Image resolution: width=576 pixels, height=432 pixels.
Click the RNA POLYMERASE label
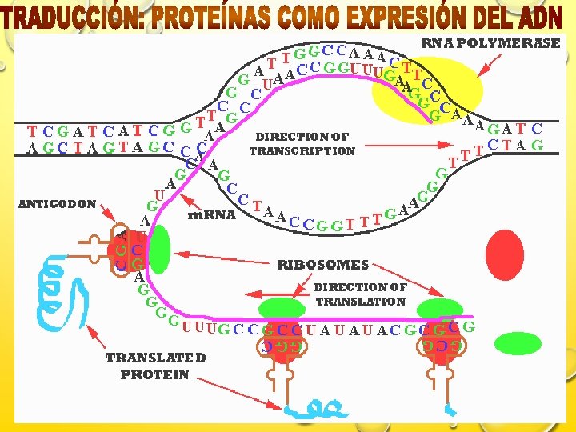pyautogui.click(x=491, y=44)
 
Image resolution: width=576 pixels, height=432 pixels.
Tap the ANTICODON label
pyautogui.click(x=57, y=204)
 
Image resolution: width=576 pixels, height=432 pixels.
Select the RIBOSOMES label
pyautogui.click(x=322, y=264)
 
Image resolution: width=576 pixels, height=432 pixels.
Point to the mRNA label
pyautogui.click(x=211, y=214)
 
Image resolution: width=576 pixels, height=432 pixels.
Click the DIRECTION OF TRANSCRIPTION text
pyautogui.click(x=302, y=144)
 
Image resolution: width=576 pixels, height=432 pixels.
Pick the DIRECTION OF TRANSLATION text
pyautogui.click(x=360, y=294)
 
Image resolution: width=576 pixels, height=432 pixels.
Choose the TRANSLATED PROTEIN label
pyautogui.click(x=155, y=366)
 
